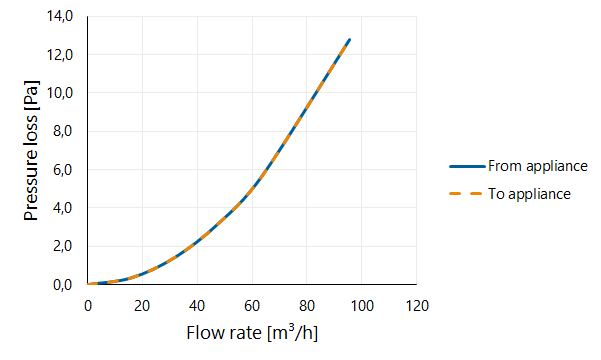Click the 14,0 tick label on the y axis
(60, 16)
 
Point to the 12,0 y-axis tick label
(60, 55)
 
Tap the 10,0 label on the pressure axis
(60, 93)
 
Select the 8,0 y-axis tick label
(62, 132)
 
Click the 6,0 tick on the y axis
(62, 169)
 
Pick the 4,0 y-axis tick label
(62, 208)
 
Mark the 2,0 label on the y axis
(62, 246)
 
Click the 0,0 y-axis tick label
(62, 285)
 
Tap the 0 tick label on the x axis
(88, 306)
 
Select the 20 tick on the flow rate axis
(142, 306)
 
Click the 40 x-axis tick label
(197, 306)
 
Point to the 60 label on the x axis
(252, 306)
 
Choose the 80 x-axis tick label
(307, 306)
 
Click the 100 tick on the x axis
(362, 306)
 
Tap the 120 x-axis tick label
(417, 306)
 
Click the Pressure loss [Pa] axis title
(31, 151)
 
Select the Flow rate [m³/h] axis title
(252, 333)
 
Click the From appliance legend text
(538, 166)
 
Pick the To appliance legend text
(529, 194)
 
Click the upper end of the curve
(350, 39)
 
